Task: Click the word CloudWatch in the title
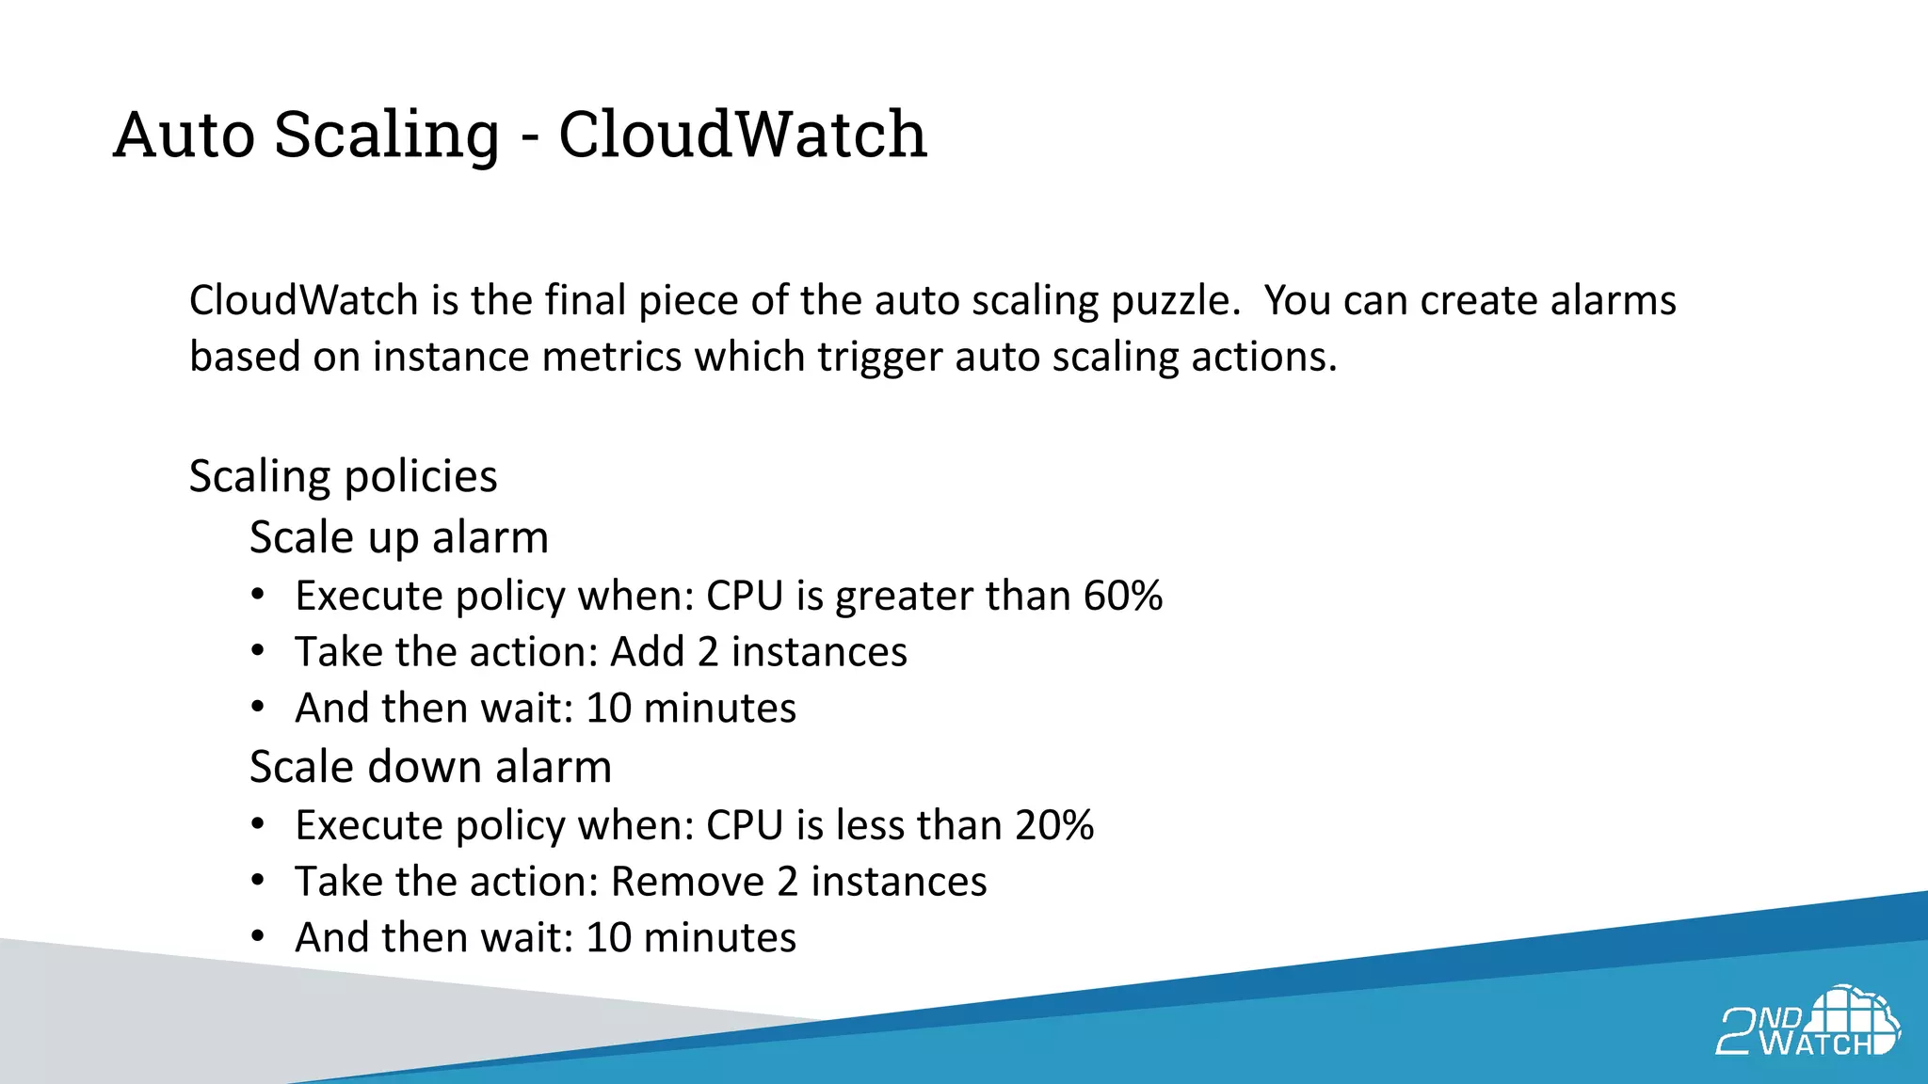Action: point(742,134)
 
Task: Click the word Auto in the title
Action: point(185,134)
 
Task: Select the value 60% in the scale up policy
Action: point(1122,596)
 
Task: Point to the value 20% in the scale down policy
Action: point(1053,825)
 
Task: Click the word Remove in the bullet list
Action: point(687,882)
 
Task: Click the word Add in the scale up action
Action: point(648,652)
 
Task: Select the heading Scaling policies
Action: point(343,476)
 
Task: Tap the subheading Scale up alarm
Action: point(398,537)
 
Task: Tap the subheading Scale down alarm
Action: point(430,766)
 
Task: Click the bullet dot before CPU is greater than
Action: point(258,596)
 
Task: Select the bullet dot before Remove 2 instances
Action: point(258,882)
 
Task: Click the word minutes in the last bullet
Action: point(719,938)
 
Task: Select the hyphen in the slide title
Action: point(530,138)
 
